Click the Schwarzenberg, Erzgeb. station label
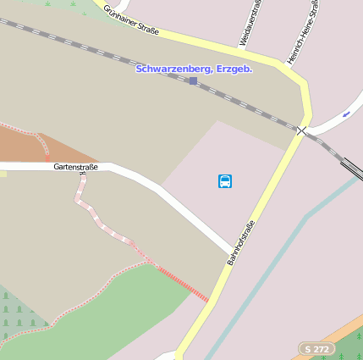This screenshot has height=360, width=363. [194, 68]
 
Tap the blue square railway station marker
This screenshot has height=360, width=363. [193, 80]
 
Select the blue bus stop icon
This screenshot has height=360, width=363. [225, 180]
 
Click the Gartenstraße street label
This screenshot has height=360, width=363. [75, 167]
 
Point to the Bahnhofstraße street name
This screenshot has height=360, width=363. [240, 242]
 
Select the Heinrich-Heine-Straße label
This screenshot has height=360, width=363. [302, 32]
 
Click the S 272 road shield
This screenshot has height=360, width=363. [316, 348]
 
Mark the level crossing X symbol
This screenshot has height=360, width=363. [301, 130]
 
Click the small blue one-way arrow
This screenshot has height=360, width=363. [346, 114]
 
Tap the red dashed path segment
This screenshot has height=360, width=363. [183, 283]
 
